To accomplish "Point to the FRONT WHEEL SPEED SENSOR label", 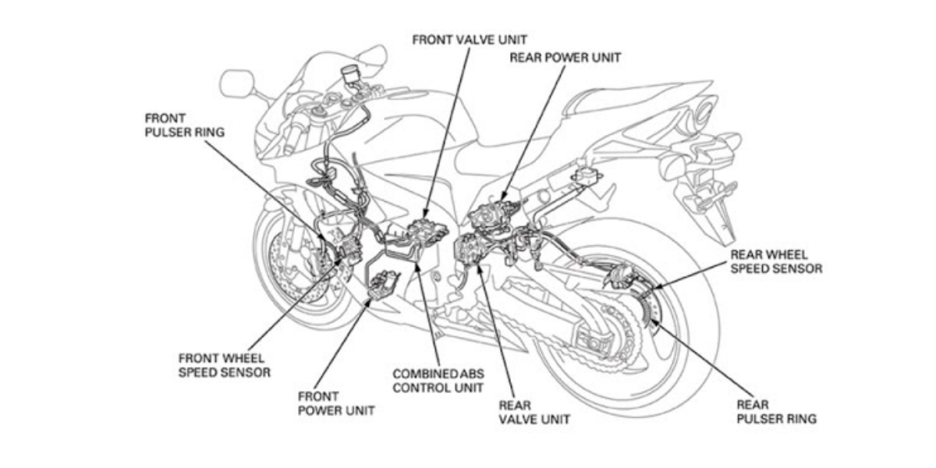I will tap(225, 365).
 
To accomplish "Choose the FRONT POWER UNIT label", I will tap(336, 402).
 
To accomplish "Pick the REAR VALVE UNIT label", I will tap(534, 412).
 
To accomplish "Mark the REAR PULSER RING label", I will tap(776, 412).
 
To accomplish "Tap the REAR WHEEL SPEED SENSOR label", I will tap(775, 261).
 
